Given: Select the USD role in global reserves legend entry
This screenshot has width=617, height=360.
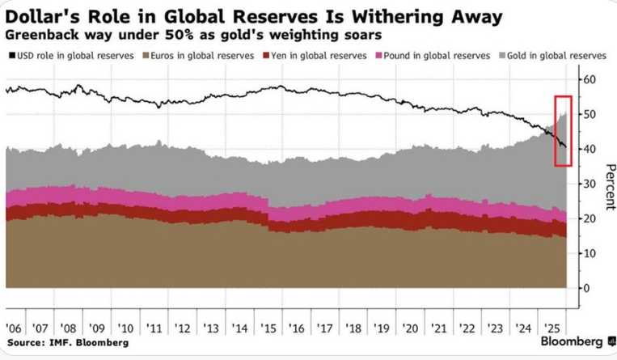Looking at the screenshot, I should (64, 55).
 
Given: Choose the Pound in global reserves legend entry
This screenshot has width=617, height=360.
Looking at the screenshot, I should (433, 55).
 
